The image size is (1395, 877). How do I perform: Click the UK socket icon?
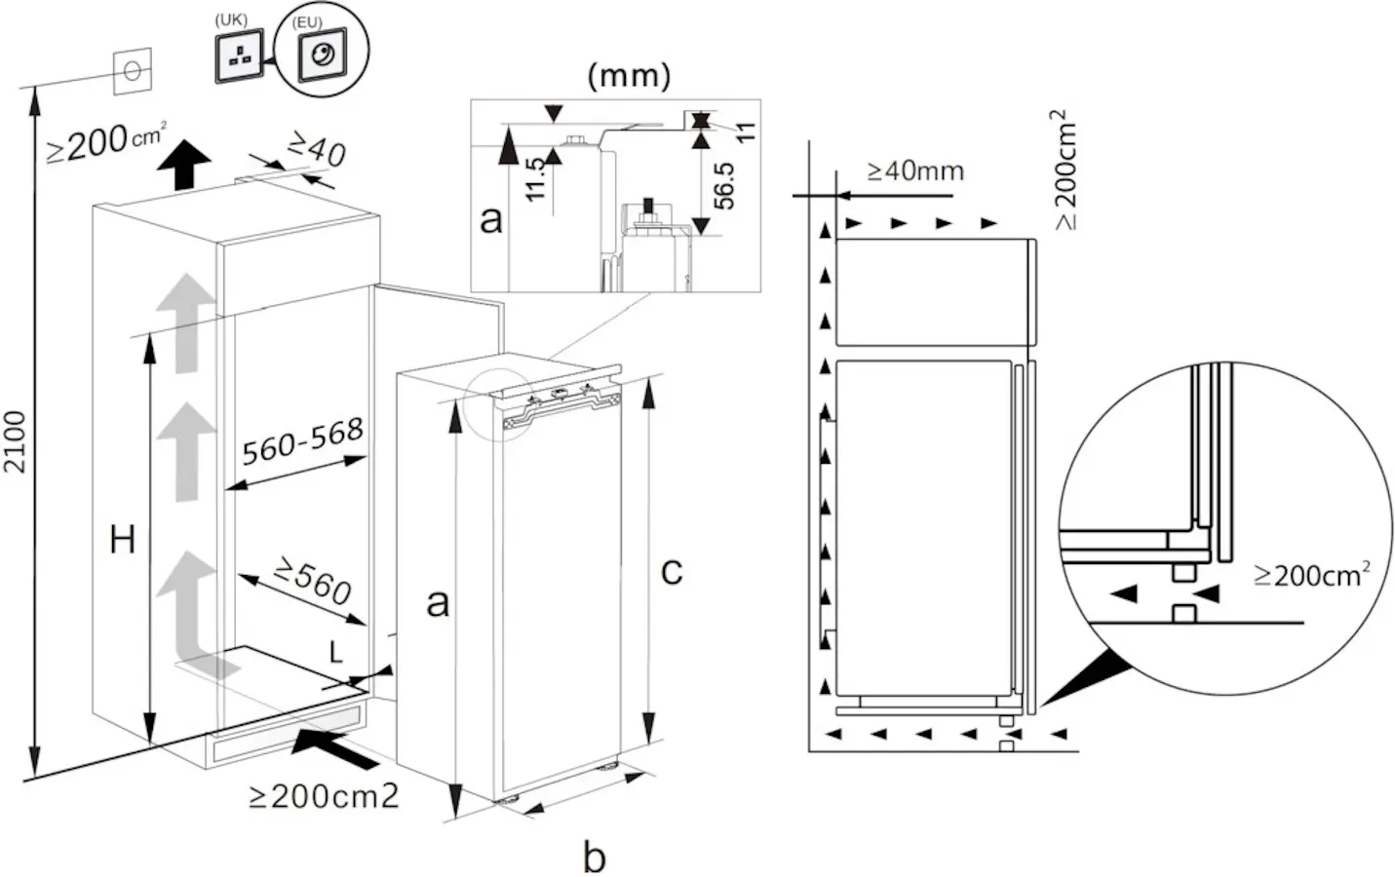pyautogui.click(x=240, y=57)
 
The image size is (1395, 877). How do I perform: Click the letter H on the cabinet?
pyautogui.click(x=122, y=539)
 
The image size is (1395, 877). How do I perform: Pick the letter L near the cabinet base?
pyautogui.click(x=336, y=653)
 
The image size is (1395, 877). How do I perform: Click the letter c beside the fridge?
pyautogui.click(x=672, y=570)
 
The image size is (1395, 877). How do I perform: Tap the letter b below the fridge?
pyautogui.click(x=594, y=858)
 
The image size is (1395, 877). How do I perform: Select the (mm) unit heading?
pyautogui.click(x=629, y=77)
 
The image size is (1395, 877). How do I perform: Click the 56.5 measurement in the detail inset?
pyautogui.click(x=723, y=185)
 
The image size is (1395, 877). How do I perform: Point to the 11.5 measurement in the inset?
pyautogui.click(x=535, y=178)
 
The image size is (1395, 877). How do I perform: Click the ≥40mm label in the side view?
pyautogui.click(x=914, y=172)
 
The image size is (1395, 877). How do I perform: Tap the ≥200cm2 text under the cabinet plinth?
pyautogui.click(x=324, y=796)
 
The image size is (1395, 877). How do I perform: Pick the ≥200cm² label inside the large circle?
pyautogui.click(x=1311, y=575)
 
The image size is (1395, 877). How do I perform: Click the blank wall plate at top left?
pyautogui.click(x=133, y=71)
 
